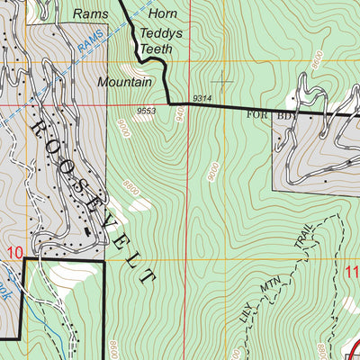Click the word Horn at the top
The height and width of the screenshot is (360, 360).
[163, 14]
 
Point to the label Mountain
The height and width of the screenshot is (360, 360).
[125, 80]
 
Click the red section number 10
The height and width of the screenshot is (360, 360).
[11, 253]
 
